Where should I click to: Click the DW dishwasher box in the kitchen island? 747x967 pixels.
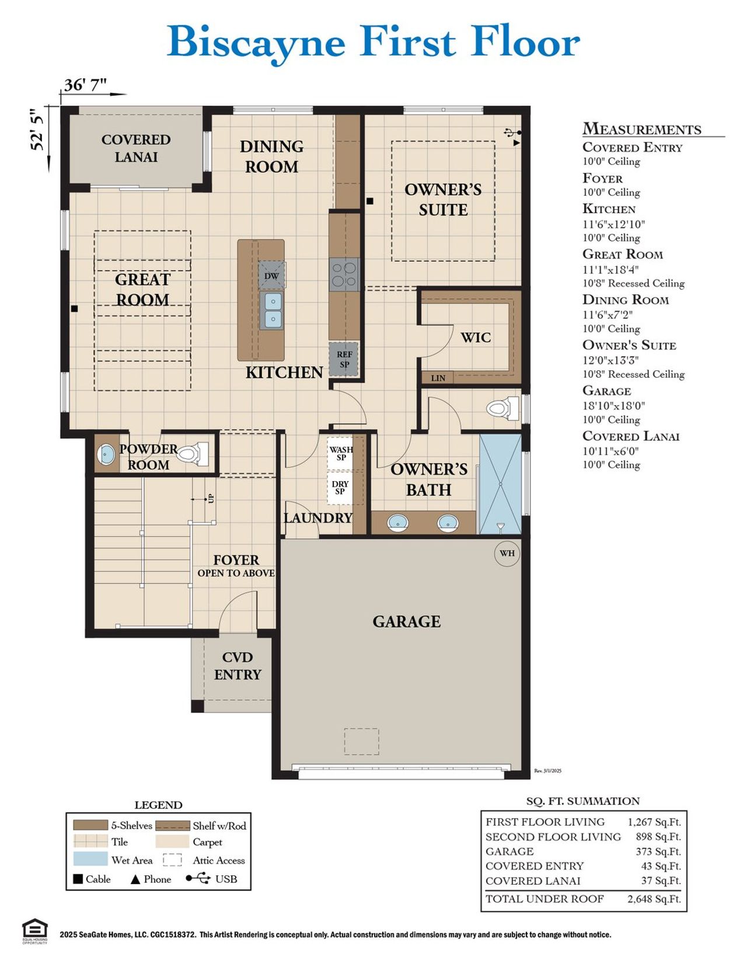pos(272,276)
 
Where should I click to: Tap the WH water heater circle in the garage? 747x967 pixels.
pos(507,553)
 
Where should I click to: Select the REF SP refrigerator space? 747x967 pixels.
pos(344,359)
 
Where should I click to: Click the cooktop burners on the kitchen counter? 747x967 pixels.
pos(344,275)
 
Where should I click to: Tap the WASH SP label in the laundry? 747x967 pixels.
pos(341,453)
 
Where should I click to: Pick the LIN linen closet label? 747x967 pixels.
pos(438,378)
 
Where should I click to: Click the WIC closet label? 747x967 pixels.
pos(475,338)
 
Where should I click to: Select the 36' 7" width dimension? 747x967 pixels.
pos(85,85)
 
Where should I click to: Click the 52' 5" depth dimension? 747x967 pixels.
pos(38,130)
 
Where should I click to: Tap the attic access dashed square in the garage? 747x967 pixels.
pos(361,741)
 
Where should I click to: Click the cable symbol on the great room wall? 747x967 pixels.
pos(74,308)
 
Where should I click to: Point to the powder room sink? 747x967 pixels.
pos(106,454)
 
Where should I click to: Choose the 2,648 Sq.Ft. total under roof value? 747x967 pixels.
pos(654,899)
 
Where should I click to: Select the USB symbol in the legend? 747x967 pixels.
pos(198,878)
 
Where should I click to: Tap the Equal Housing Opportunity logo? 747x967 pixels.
pos(34,931)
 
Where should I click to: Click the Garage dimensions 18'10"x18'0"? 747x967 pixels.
pos(613,406)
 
